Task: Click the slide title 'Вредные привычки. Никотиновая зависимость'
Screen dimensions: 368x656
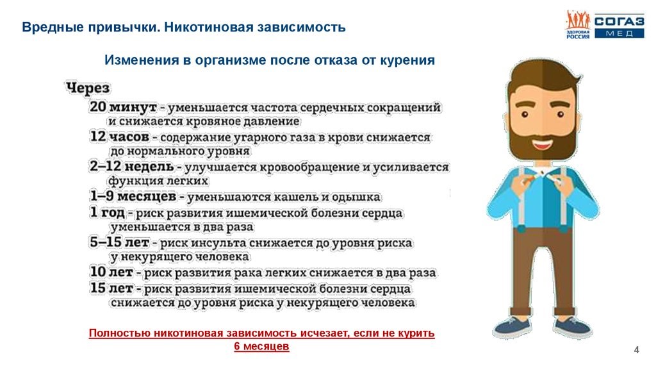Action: tap(184, 28)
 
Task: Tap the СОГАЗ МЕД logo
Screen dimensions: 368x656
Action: tap(605, 26)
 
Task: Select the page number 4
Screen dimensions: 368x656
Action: tap(636, 349)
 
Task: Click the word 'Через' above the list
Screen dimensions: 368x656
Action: tap(88, 88)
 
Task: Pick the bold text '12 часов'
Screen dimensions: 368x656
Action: tap(120, 137)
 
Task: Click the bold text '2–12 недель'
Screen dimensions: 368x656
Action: tap(132, 167)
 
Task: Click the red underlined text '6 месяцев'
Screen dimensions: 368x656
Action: tap(262, 346)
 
